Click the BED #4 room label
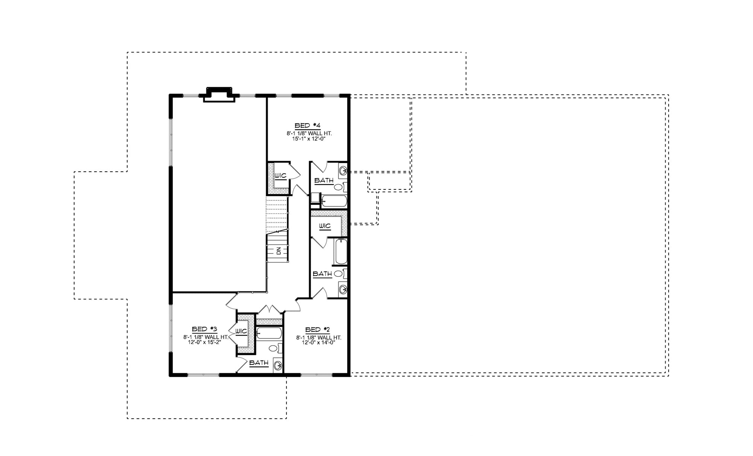307,125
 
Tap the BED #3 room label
204,329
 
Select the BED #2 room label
318,329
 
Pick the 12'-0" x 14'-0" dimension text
318,342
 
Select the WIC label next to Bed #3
241,331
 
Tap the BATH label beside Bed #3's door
259,363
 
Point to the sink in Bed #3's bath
278,365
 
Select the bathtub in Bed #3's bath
268,333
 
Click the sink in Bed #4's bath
342,171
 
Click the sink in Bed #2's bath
342,289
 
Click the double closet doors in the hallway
270,310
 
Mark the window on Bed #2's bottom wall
317,374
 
